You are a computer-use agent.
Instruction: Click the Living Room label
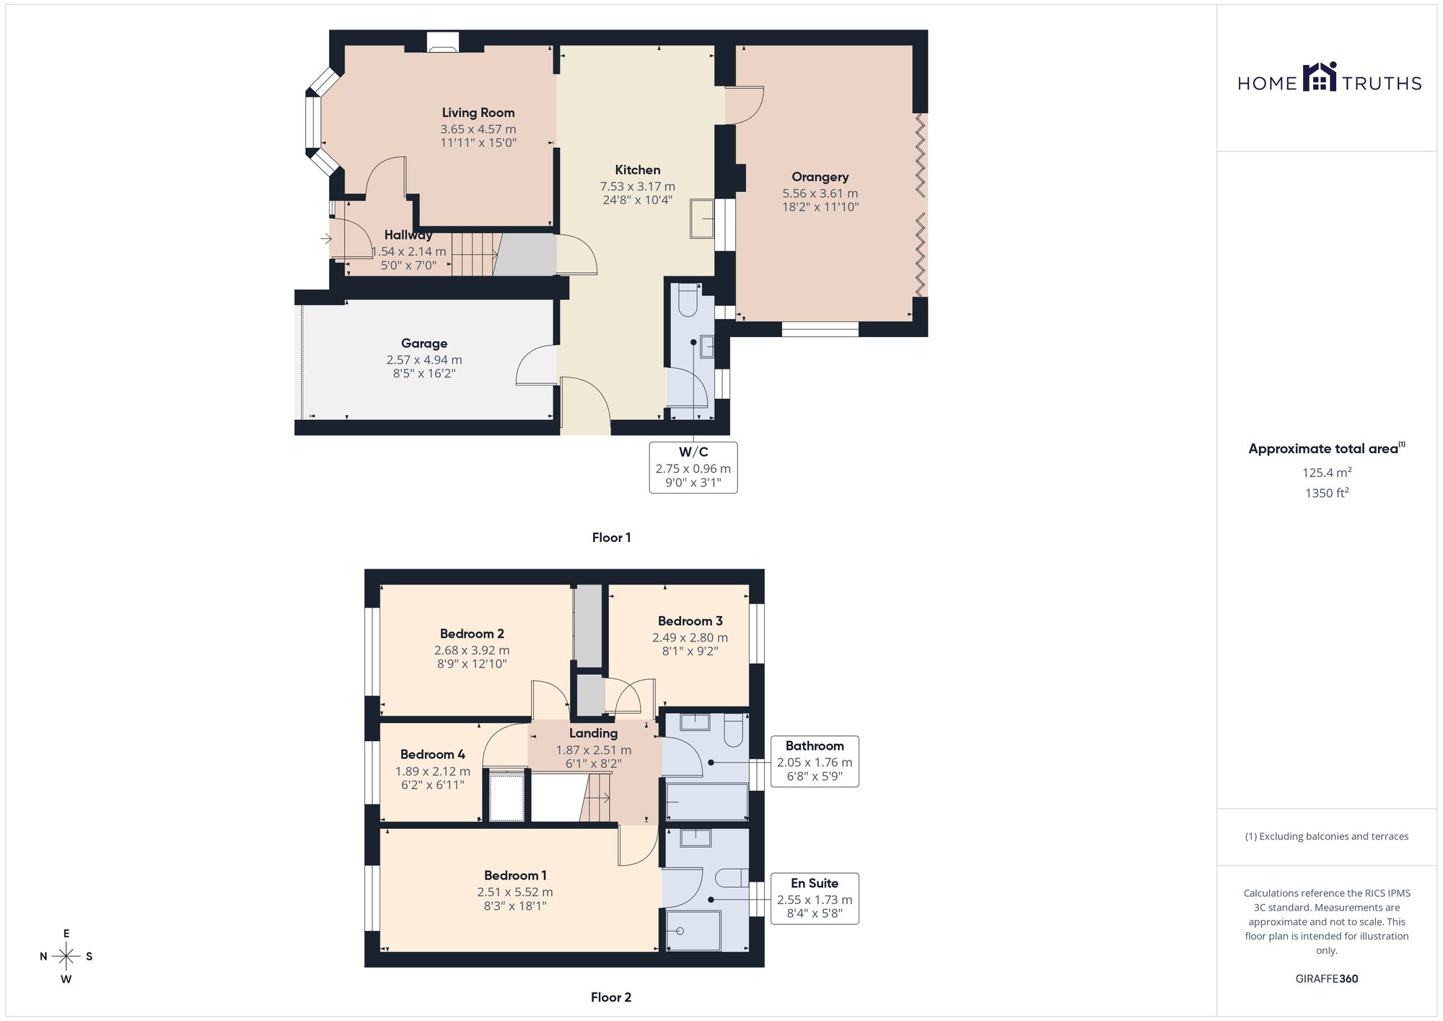(x=478, y=113)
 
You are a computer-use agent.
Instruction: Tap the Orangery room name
(x=820, y=177)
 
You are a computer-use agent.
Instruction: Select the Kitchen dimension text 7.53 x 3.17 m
(x=638, y=187)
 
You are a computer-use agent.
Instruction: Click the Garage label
(x=424, y=343)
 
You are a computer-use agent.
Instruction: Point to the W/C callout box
(x=693, y=468)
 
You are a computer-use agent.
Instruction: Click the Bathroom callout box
(x=815, y=761)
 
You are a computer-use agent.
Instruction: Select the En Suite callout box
(x=815, y=898)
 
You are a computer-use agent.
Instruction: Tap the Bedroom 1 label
(x=515, y=875)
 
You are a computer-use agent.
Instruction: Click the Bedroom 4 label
(x=432, y=754)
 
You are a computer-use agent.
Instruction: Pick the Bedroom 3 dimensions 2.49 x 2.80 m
(x=690, y=638)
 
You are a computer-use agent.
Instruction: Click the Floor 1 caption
(x=611, y=538)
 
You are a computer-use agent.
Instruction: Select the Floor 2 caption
(x=611, y=997)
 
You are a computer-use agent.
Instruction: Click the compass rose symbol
(x=66, y=957)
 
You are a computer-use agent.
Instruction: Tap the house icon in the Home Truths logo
(x=1320, y=77)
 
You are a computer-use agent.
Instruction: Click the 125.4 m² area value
(x=1326, y=473)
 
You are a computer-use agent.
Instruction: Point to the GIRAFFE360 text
(x=1326, y=979)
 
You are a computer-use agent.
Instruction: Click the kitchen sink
(x=702, y=219)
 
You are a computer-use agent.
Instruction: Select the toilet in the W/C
(x=686, y=299)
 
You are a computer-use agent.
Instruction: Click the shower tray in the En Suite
(x=693, y=931)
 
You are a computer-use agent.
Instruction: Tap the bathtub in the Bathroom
(x=706, y=802)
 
